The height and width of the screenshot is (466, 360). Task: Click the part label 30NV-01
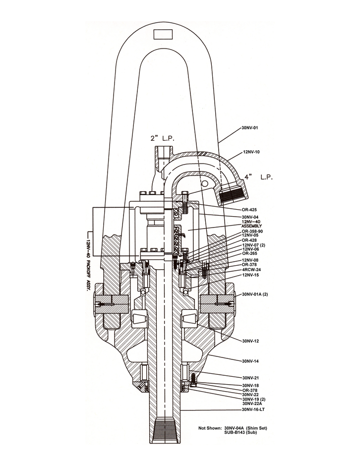pos(250,128)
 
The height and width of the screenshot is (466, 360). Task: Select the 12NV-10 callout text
pos(251,152)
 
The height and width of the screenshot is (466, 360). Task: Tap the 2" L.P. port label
pos(162,138)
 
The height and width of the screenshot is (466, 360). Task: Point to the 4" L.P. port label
pos(259,177)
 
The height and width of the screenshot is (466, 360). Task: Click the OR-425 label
pos(249,210)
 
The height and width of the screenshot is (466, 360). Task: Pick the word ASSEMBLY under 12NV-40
pos(251,226)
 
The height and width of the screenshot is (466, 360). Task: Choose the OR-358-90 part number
pos(252,231)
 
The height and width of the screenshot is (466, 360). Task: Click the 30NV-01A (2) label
pos(255,294)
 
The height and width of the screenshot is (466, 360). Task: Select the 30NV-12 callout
pos(250,341)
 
